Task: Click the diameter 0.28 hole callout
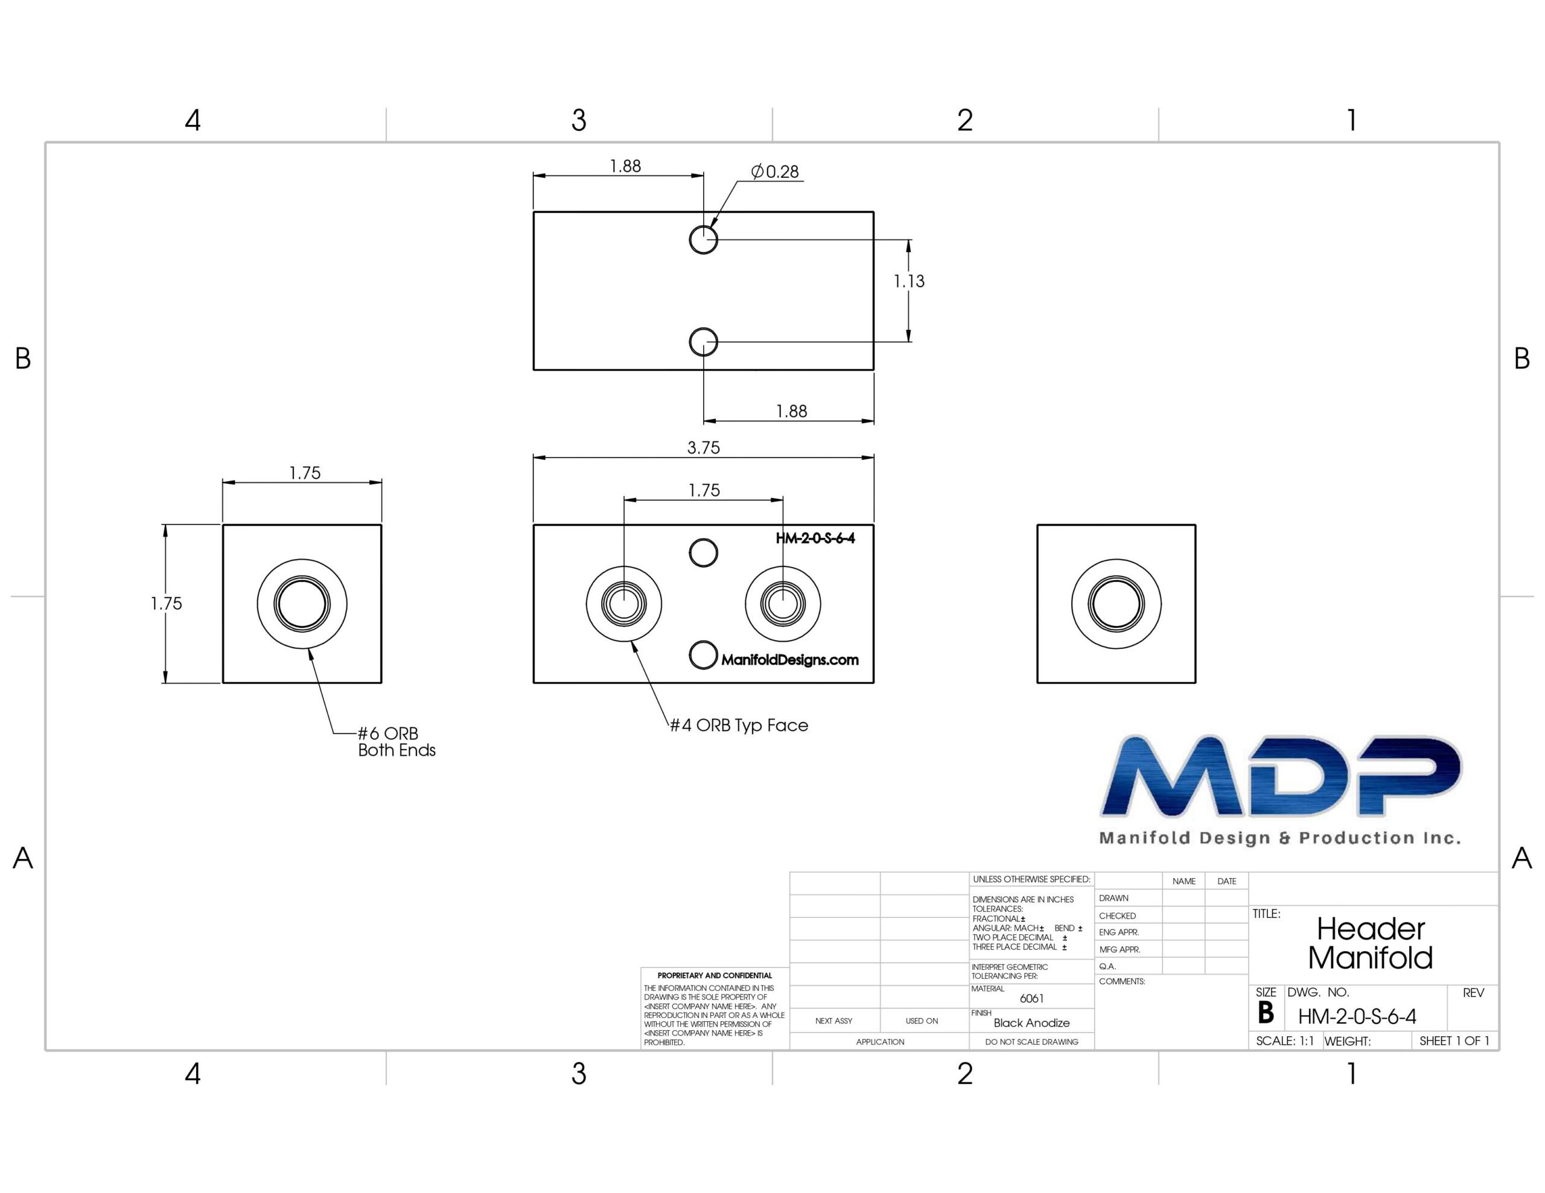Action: pos(775,171)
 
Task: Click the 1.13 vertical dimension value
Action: pos(908,282)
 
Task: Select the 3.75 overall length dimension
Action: pos(703,448)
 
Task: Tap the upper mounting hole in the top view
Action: pos(703,239)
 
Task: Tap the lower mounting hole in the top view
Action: pos(703,342)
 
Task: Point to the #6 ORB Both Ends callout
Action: pos(396,742)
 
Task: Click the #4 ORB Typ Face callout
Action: pos(739,726)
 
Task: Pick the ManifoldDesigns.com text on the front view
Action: pos(789,660)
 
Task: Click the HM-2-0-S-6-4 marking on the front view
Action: pos(815,538)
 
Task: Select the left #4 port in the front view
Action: pos(624,604)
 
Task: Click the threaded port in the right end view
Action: pos(1117,604)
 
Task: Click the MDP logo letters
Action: pos(1281,776)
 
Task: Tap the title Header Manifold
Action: pos(1370,943)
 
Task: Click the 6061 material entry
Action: pos(1031,999)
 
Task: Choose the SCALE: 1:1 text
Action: pos(1285,1041)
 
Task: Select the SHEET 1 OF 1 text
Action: pos(1454,1041)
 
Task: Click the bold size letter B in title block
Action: pos(1266,1013)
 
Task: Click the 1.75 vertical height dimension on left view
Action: pos(166,604)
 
